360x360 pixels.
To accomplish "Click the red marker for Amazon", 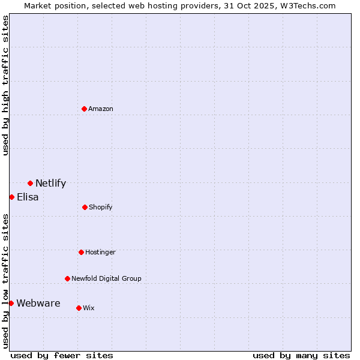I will coord(84,109).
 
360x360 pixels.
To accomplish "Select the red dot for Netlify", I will coord(30,183).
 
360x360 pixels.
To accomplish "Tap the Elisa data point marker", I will coord(11,197).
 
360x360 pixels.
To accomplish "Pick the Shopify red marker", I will coord(85,207).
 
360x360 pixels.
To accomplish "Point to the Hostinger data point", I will coord(81,252).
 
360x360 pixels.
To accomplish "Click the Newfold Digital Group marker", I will coord(67,278).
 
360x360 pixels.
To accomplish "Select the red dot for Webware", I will coord(11,303).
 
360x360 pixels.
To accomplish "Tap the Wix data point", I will coord(79,308).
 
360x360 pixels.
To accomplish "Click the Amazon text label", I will coord(101,109).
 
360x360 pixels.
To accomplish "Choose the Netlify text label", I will coord(50,184).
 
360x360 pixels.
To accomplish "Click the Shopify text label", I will coord(101,207).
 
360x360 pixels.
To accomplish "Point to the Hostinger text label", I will coord(100,252).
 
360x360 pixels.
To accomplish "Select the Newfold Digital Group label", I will coord(106,278).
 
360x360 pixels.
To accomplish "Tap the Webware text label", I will coord(38,304).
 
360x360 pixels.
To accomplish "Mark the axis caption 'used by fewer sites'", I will coord(62,355).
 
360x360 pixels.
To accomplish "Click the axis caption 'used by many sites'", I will coord(301,355).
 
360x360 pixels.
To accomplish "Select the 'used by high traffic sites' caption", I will coord(5,85).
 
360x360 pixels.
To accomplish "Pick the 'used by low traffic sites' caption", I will coord(5,281).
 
